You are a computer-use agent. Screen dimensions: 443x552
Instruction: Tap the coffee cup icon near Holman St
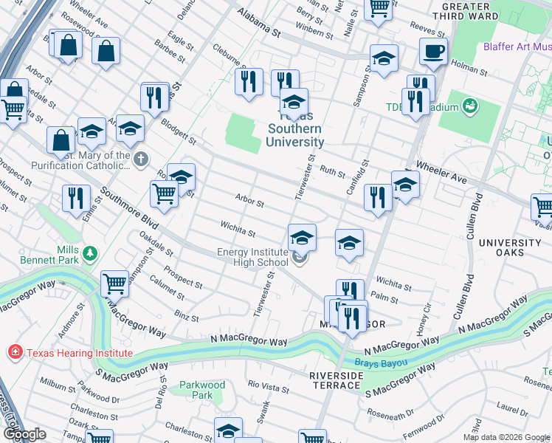[433, 51]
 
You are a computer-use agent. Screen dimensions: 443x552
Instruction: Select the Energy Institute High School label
[252, 257]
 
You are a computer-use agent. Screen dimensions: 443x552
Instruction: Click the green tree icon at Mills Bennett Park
[90, 254]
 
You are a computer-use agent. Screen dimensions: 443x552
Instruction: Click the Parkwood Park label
[202, 390]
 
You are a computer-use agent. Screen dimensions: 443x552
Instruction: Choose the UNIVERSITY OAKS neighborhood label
[509, 247]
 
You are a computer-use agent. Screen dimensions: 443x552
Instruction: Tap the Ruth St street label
[333, 171]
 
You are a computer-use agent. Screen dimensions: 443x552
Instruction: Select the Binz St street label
[185, 316]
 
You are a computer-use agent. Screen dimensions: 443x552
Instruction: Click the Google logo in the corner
[24, 434]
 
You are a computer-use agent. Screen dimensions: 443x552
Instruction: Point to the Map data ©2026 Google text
[506, 437]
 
